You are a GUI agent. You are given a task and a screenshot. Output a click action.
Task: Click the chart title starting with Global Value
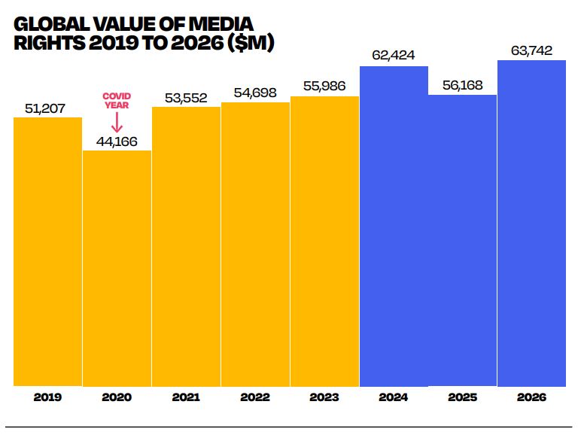[143, 35]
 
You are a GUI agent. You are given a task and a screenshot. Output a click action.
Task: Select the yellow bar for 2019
[47, 252]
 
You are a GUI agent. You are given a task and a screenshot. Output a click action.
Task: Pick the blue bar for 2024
[394, 226]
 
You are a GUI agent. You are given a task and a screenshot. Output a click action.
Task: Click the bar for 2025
[463, 240]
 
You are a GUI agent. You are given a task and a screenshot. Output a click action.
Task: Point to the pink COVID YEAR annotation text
[117, 101]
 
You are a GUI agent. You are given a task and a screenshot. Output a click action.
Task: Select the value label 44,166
[117, 141]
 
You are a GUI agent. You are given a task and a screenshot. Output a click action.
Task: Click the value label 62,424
[394, 56]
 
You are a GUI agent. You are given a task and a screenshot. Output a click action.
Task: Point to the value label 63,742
[531, 50]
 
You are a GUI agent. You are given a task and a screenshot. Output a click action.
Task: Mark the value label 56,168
[463, 84]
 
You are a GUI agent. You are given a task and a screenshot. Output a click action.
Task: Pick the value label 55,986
[324, 86]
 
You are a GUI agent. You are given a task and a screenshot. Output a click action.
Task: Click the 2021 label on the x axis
[186, 397]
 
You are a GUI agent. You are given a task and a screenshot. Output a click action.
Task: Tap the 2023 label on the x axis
[324, 397]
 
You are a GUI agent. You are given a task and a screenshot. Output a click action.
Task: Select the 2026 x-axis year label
[531, 397]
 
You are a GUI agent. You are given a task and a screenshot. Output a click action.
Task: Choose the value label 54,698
[255, 93]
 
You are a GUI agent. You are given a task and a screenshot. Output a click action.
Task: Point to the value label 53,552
[186, 97]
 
